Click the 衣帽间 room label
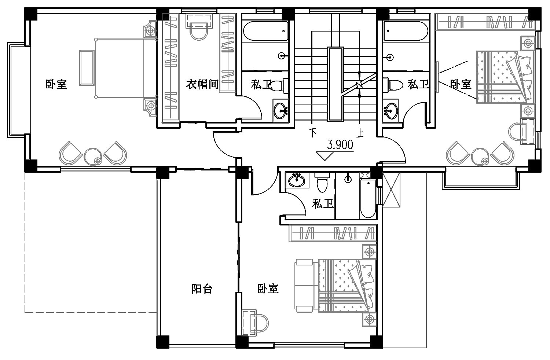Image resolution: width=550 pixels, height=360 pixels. pos(202,84)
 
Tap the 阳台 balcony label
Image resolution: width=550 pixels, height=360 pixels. pos(202,289)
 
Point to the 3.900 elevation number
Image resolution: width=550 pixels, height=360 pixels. pos(340,145)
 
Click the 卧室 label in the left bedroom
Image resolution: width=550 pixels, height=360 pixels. pos(56,84)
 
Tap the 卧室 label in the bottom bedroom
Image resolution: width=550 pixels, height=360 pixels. pos(268,289)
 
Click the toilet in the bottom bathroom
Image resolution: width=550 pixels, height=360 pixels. pos(322,182)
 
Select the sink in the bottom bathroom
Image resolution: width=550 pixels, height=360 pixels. pos(297,180)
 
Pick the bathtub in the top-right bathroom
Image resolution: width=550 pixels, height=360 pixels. pos(406,31)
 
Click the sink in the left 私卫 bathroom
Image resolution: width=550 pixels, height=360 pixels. pos(280,111)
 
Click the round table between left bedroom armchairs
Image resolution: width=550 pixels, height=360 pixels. pos(93,157)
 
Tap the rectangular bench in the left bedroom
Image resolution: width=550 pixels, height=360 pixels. pos(87,68)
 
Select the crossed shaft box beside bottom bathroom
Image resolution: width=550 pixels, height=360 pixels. pos(391,190)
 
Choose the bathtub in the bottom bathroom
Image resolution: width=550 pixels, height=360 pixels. pos(368,198)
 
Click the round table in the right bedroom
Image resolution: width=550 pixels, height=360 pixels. pos(480,157)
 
